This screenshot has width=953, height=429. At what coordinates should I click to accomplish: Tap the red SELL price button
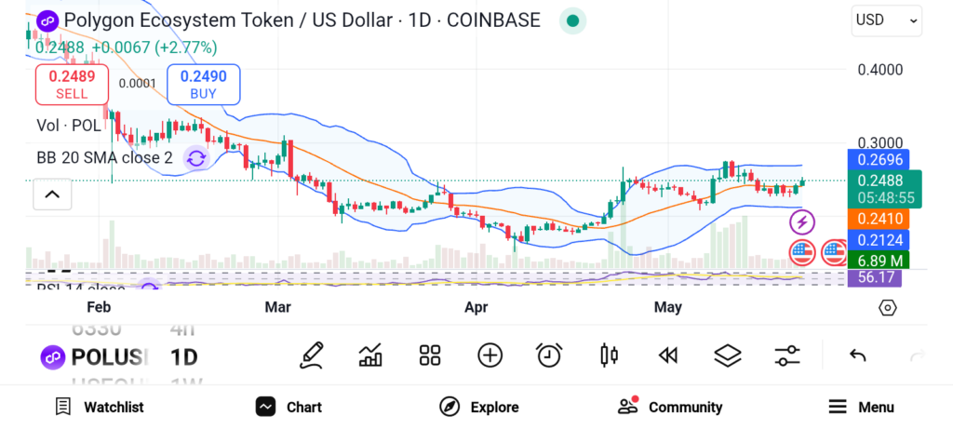point(72,84)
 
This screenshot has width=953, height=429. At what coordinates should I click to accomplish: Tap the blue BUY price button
point(203,84)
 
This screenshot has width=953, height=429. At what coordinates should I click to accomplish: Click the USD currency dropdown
point(886,20)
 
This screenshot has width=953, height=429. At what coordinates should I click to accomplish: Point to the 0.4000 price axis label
point(879,70)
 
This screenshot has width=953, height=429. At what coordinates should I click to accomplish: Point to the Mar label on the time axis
point(278,307)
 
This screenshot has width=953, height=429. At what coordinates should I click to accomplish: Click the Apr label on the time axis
point(476,307)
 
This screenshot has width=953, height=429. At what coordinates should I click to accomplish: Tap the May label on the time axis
point(668,307)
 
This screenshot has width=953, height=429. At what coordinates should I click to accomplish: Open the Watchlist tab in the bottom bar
point(100,407)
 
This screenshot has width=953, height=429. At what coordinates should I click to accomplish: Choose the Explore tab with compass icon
point(478,407)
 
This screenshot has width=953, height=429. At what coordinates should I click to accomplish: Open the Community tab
point(670,407)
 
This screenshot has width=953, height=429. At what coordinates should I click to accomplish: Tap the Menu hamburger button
point(861,407)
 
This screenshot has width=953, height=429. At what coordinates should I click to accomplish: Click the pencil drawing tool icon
point(312,355)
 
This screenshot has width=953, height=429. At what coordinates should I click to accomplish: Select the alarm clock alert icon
point(549,355)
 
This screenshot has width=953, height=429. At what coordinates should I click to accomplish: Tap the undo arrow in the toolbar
point(858,355)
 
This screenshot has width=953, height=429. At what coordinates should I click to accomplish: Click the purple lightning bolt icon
point(802,222)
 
